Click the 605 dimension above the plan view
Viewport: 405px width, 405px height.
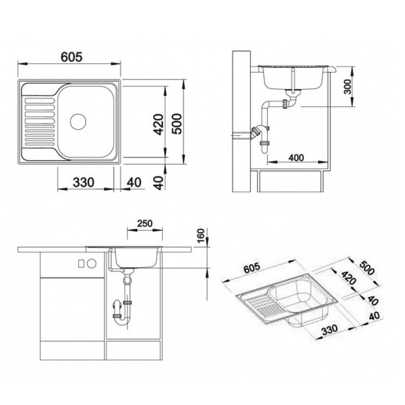click(x=72, y=57)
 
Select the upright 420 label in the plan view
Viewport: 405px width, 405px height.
click(x=158, y=125)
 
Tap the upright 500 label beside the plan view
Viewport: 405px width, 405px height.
click(x=177, y=124)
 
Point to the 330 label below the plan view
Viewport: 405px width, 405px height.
click(x=84, y=182)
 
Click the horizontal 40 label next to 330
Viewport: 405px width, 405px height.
click(x=134, y=182)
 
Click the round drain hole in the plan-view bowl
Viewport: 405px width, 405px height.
click(x=78, y=121)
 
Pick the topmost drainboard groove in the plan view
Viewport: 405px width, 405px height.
click(x=40, y=101)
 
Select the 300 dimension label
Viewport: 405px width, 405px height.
click(x=348, y=87)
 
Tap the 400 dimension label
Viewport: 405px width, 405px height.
click(x=296, y=157)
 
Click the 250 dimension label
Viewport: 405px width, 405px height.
click(x=144, y=223)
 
